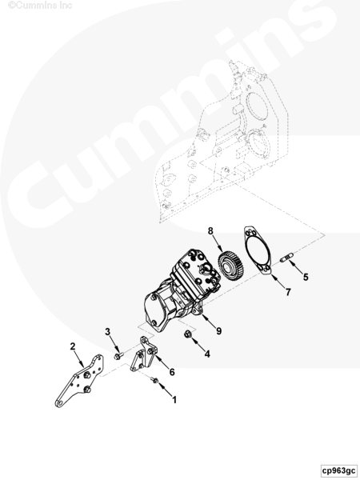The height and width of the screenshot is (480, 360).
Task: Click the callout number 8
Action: pyautogui.click(x=210, y=230)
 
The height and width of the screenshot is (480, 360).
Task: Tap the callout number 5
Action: pyautogui.click(x=306, y=277)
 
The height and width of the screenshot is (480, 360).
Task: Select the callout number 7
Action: pyautogui.click(x=288, y=292)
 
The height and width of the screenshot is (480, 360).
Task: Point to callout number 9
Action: pyautogui.click(x=218, y=330)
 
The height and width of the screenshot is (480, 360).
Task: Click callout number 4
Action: pyautogui.click(x=207, y=354)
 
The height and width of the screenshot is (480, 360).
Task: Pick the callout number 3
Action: pyautogui.click(x=107, y=331)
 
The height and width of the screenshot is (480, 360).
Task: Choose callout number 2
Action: pyautogui.click(x=73, y=346)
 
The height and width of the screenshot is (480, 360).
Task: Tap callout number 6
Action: pyautogui.click(x=172, y=372)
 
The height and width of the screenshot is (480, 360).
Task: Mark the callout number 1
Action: pyautogui.click(x=174, y=399)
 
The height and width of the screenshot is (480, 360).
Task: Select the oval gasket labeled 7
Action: pyautogui.click(x=258, y=251)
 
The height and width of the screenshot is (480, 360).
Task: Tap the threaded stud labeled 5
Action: pyautogui.click(x=287, y=257)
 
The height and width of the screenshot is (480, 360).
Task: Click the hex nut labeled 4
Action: pyautogui.click(x=188, y=334)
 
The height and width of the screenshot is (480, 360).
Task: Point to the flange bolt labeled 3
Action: pyautogui.click(x=118, y=356)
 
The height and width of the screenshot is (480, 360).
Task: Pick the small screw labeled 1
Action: pyautogui.click(x=155, y=380)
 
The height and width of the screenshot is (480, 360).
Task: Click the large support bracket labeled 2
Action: pyautogui.click(x=80, y=381)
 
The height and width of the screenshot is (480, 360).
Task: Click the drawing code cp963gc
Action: pyautogui.click(x=339, y=470)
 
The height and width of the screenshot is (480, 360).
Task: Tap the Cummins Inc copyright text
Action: pyautogui.click(x=40, y=6)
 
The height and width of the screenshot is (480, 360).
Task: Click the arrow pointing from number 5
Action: pyautogui.click(x=294, y=267)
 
